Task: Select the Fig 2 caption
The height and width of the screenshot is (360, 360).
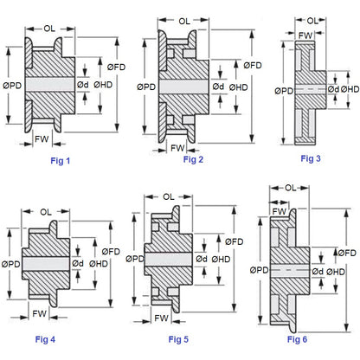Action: [193, 159]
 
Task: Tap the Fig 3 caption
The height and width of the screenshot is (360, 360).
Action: [311, 157]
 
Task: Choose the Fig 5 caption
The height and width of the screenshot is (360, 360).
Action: [179, 339]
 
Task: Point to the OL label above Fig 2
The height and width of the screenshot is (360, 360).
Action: [185, 21]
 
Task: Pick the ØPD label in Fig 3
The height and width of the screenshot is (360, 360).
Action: [282, 89]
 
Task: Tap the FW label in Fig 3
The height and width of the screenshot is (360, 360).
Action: [305, 35]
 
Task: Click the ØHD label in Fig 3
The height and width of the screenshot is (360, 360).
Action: [350, 89]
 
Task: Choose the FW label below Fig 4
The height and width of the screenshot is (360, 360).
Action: [40, 312]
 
